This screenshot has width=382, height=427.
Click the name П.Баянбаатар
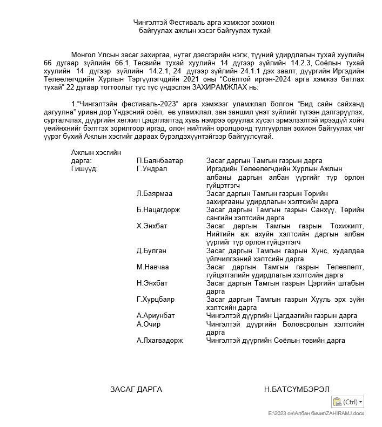(160, 161)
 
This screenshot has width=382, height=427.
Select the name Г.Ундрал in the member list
(152, 168)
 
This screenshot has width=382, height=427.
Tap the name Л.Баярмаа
(155, 193)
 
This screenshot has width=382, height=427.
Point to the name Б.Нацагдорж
(158, 209)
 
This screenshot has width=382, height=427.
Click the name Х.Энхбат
(152, 226)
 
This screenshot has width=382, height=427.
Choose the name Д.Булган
(151, 250)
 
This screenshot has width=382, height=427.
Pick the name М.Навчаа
(153, 267)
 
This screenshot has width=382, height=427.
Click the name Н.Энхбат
(152, 283)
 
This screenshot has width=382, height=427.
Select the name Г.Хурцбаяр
(156, 299)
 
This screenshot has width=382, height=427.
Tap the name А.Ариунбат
(156, 315)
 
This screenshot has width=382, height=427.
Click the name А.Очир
(149, 324)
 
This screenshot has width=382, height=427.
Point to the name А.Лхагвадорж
(159, 340)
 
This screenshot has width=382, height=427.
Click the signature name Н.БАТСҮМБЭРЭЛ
(297, 389)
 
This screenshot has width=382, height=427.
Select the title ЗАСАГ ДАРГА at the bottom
(136, 389)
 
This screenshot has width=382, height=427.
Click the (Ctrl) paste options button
(349, 402)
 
